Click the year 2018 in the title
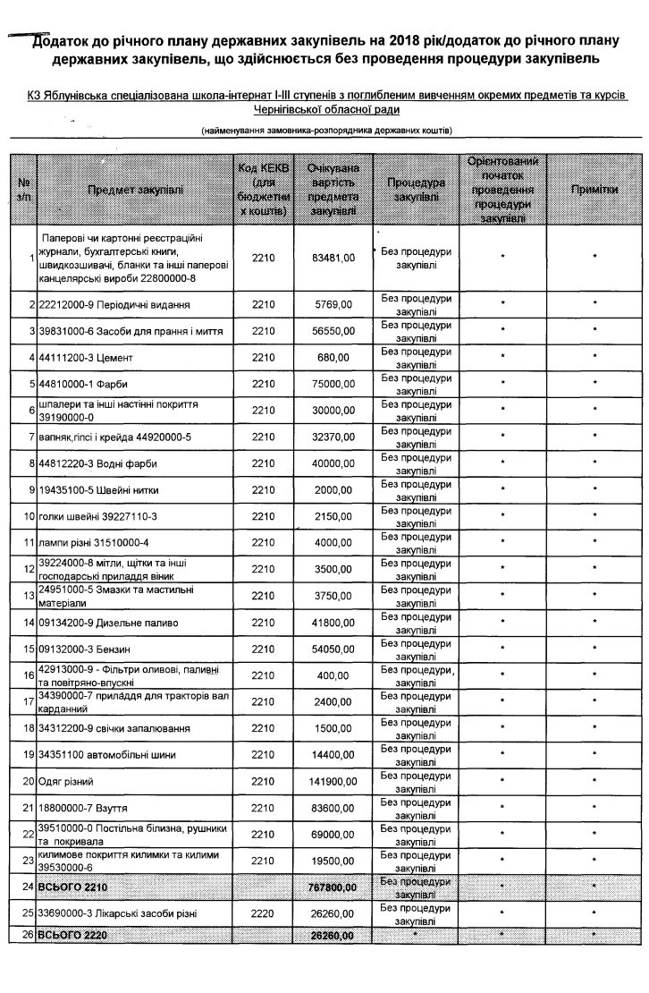point(395,42)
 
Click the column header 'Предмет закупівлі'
point(135,190)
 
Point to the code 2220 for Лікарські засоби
point(263,913)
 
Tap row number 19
point(29,755)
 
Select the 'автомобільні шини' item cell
point(100,755)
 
